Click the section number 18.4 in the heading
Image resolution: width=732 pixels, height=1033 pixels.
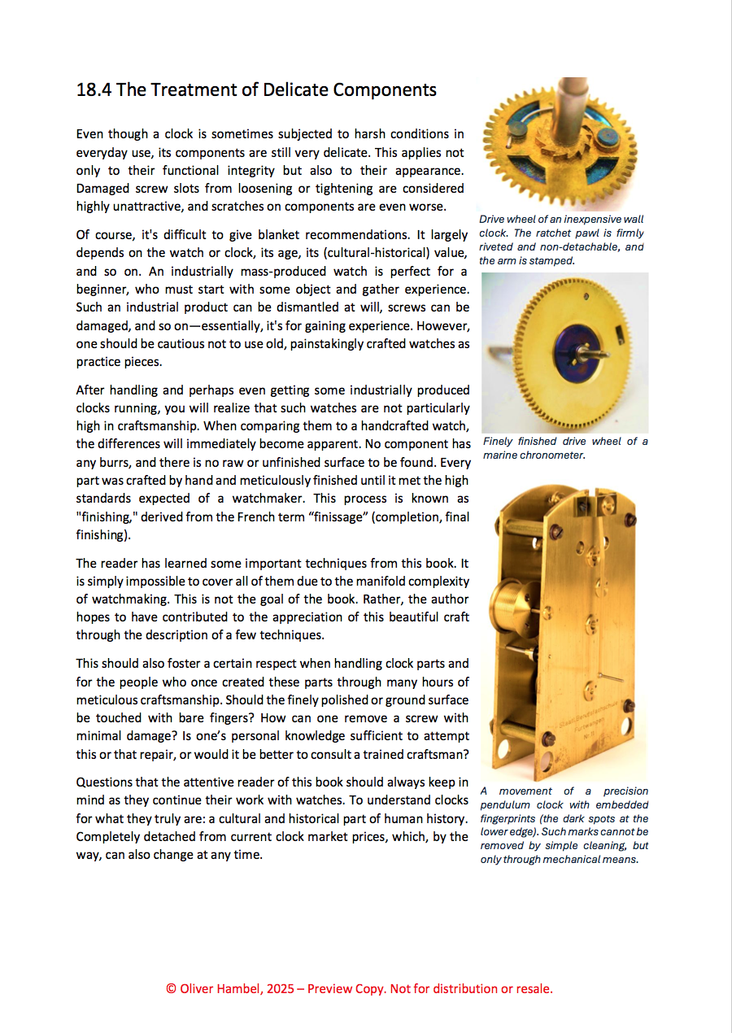(x=94, y=89)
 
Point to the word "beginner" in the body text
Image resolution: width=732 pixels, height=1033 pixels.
(x=102, y=289)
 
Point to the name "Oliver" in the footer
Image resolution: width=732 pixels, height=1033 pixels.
(x=198, y=989)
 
